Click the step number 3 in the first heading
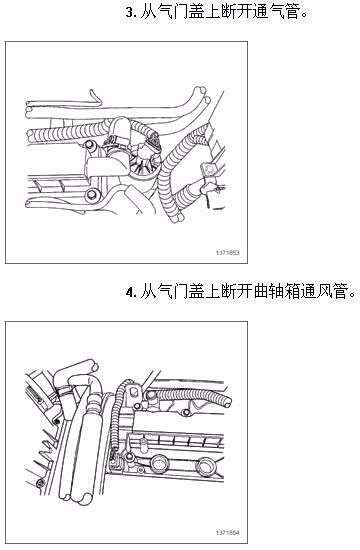coord(130,13)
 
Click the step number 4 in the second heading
coord(130,292)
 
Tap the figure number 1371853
coord(227,253)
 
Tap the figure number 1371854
coord(227,532)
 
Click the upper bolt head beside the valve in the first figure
coord(89,145)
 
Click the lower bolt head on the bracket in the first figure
coord(92,194)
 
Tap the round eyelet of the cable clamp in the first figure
coord(209,171)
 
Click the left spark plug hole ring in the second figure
coord(159,463)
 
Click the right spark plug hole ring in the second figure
coord(204,466)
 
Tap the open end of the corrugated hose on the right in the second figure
coord(228,401)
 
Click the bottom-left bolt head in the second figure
coord(40,483)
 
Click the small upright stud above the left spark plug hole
coord(144,443)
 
